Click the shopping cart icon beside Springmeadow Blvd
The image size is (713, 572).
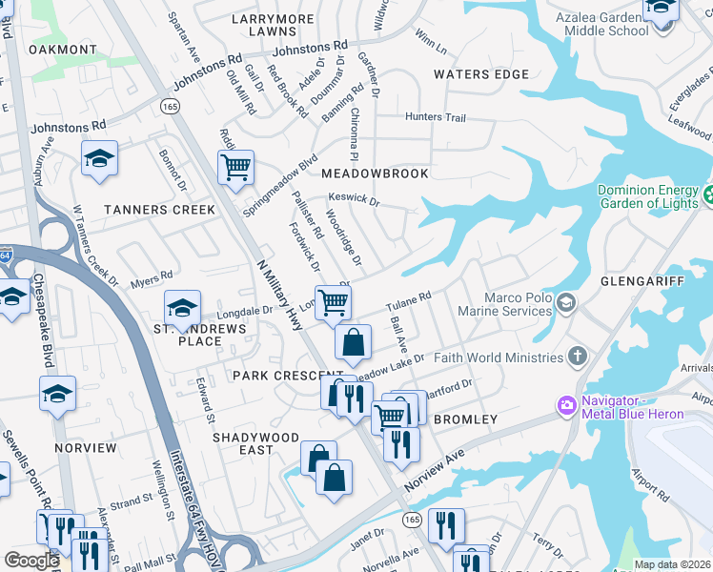tap(234, 168)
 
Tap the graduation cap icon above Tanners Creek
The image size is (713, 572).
tap(99, 159)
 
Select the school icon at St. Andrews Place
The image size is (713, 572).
tap(182, 308)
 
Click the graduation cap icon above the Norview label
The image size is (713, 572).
tap(57, 393)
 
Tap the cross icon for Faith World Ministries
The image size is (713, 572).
tap(577, 357)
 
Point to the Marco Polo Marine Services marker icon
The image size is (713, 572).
tap(567, 303)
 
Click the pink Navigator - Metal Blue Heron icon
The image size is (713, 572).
tap(567, 406)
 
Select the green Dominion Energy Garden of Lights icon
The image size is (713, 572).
tap(707, 196)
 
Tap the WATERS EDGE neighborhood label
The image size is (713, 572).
tap(480, 74)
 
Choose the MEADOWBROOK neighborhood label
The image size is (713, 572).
tap(375, 174)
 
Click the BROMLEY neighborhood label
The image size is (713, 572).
tap(465, 419)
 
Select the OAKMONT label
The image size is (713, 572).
tap(63, 50)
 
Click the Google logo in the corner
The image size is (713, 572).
tap(31, 561)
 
